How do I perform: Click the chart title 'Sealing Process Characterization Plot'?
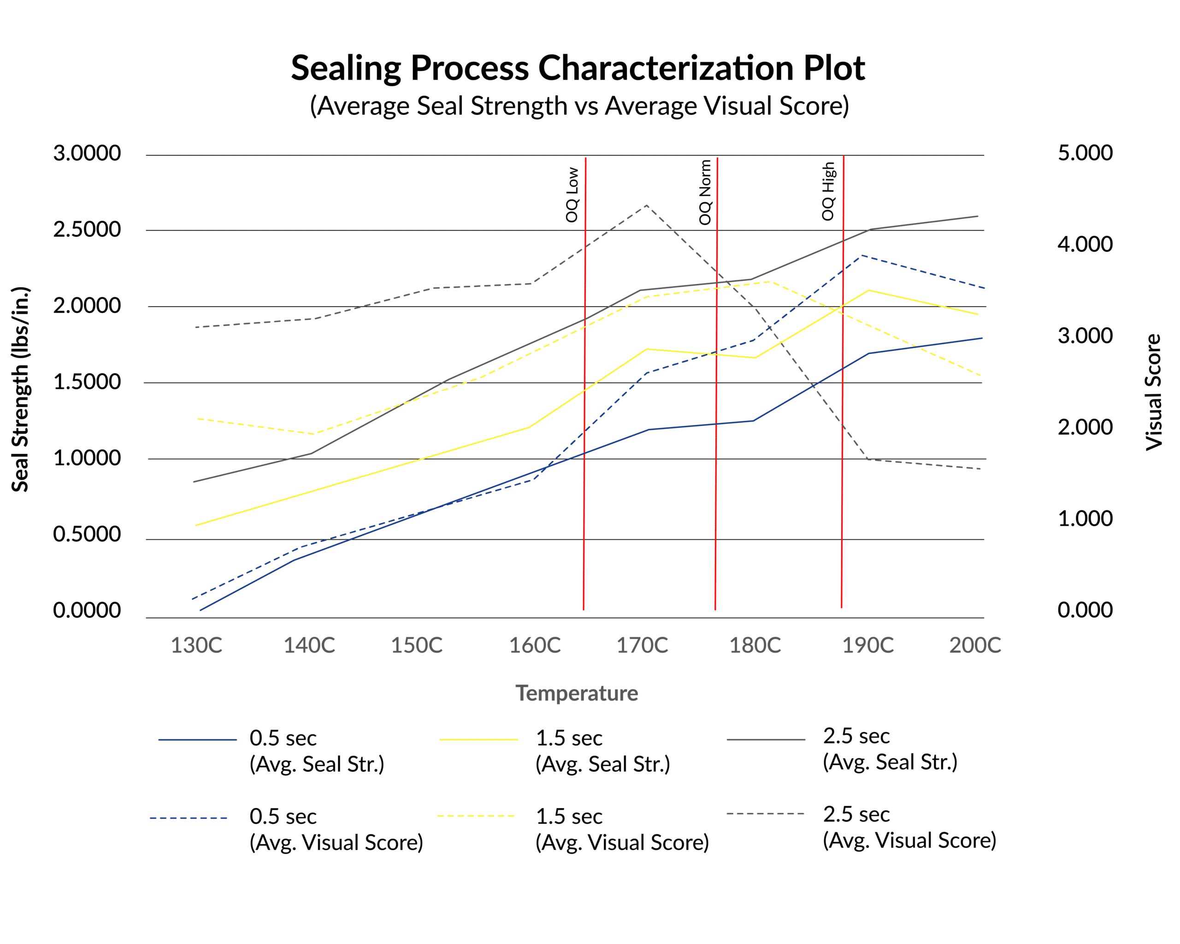(578, 68)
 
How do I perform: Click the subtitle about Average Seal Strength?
(579, 106)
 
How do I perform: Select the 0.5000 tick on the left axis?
(87, 534)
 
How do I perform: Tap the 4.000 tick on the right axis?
(1085, 244)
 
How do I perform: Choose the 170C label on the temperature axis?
(642, 646)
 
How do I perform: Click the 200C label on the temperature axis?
(975, 646)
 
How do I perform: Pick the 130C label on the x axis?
(196, 646)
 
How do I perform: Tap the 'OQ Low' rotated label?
(572, 195)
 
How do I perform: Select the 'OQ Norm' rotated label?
(705, 192)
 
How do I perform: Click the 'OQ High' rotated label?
(828, 191)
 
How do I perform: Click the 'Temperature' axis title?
(577, 693)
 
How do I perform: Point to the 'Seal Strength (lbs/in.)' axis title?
(20, 389)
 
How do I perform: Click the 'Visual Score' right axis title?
(1154, 392)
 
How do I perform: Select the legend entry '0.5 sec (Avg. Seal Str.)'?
(316, 751)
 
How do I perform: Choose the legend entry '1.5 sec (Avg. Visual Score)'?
(622, 829)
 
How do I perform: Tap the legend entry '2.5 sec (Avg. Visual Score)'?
(909, 827)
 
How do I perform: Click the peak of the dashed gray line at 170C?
(647, 205)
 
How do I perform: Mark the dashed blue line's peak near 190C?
(861, 255)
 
